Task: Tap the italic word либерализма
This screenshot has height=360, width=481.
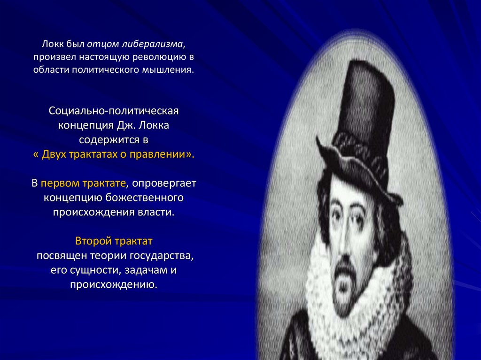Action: [159, 44]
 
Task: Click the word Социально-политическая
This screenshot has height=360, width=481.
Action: [114, 113]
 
